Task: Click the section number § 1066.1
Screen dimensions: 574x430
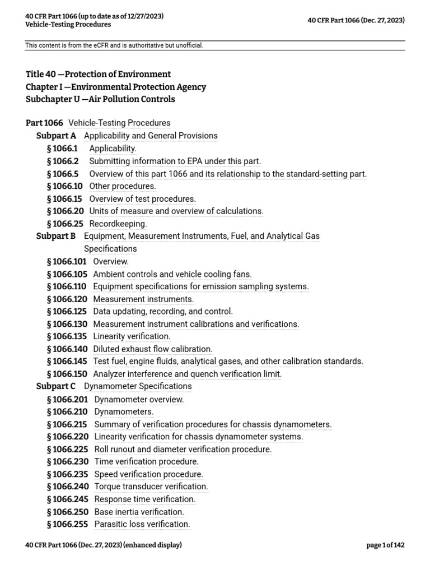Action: point(63,149)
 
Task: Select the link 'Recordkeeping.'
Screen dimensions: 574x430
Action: point(118,224)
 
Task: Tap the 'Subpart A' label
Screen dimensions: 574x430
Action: point(56,136)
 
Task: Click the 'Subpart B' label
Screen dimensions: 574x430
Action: point(56,236)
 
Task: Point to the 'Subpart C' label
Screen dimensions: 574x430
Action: point(56,386)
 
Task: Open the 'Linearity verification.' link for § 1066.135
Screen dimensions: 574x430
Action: point(132,336)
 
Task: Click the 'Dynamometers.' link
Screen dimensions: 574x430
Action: point(124,412)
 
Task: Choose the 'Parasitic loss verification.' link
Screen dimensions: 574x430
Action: point(142,524)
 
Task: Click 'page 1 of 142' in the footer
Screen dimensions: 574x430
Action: point(385,545)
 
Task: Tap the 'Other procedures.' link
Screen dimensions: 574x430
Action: point(123,186)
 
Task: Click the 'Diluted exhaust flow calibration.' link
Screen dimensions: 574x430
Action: point(153,349)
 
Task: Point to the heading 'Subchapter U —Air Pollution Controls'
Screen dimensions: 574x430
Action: point(100,99)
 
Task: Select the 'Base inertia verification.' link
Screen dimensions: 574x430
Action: point(139,512)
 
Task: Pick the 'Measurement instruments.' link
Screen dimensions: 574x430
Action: point(143,299)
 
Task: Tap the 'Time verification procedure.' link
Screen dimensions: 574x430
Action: point(147,462)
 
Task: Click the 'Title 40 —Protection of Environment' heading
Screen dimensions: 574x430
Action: point(98,74)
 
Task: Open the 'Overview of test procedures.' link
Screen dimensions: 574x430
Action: point(143,198)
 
